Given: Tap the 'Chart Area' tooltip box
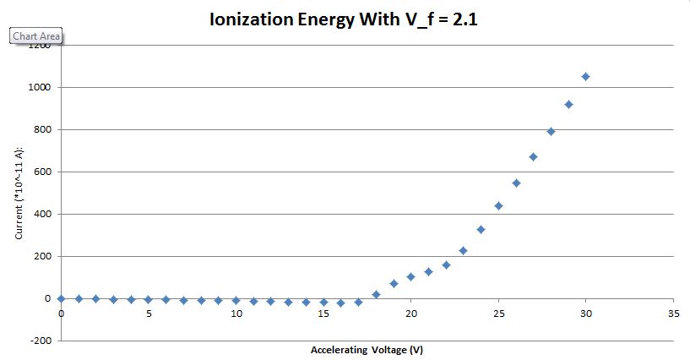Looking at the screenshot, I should point(35,36).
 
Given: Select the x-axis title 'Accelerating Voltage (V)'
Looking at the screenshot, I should point(367,349).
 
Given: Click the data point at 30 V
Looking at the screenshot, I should point(586,77).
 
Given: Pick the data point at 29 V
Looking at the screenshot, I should point(568,105).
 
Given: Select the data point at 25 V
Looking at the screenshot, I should point(498,206).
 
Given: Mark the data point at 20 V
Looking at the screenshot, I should point(410,276).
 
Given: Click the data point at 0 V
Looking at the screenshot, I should point(61,298).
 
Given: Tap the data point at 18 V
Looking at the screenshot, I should point(376,294).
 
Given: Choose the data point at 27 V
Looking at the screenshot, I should point(533,157).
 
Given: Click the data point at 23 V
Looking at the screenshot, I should point(463,251).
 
